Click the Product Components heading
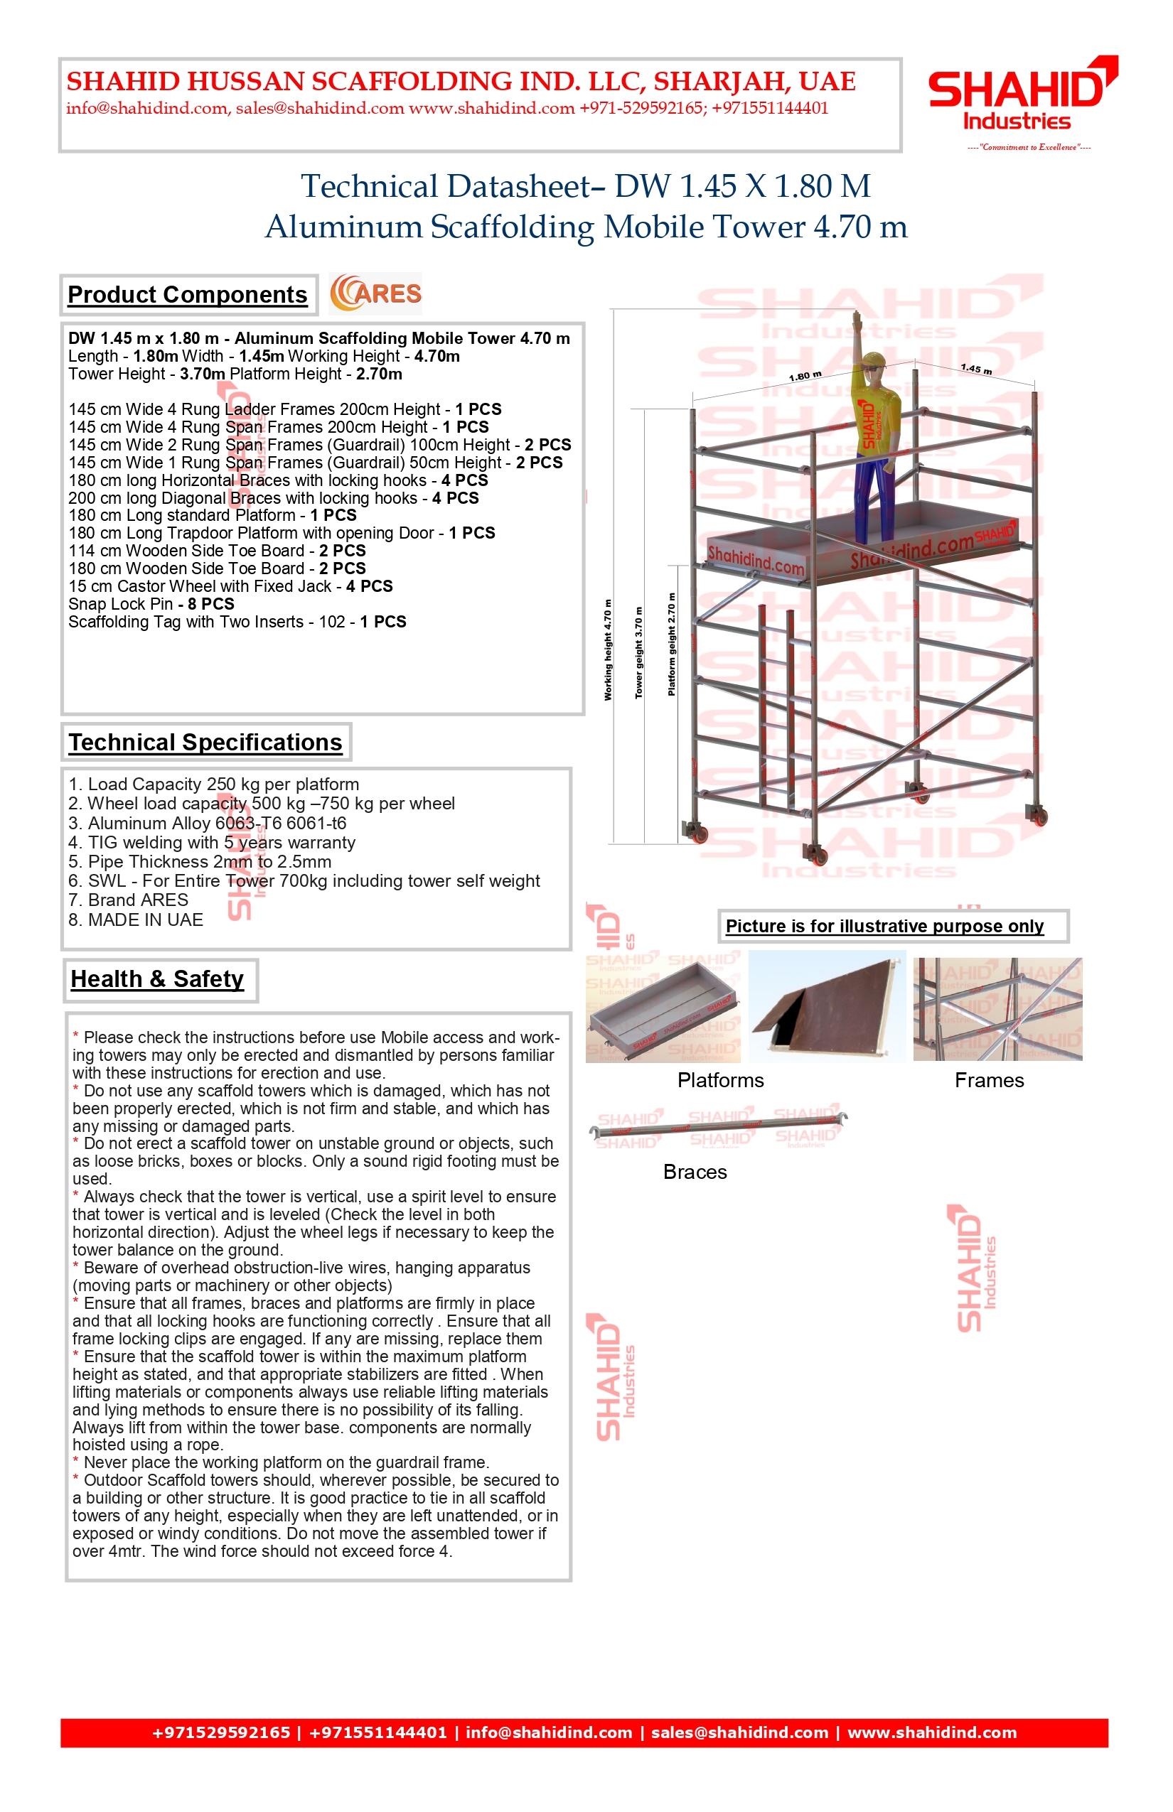coord(188,295)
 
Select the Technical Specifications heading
coord(205,743)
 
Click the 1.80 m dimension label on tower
coord(805,376)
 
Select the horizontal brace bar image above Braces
coord(718,1128)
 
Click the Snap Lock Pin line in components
coord(151,605)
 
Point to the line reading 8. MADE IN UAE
coord(136,920)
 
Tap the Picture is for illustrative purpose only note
coord(884,927)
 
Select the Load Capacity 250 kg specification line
coord(213,784)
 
